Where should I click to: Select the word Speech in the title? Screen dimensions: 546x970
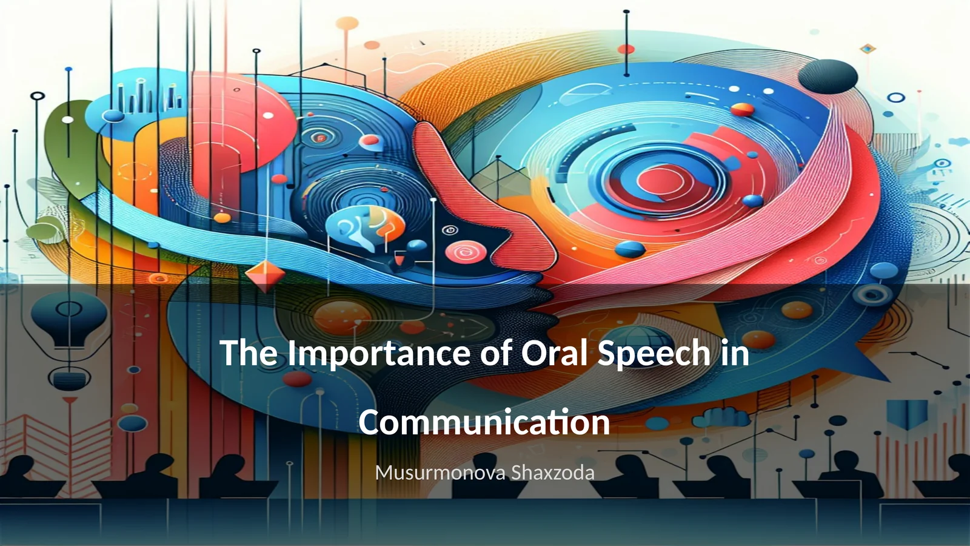[654, 354]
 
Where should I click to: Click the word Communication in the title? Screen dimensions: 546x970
[484, 422]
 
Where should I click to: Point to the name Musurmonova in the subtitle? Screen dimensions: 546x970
[440, 473]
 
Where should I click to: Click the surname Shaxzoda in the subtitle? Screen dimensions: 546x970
[552, 473]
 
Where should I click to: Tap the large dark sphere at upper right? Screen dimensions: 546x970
[828, 76]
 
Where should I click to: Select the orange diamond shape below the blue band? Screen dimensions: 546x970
[265, 276]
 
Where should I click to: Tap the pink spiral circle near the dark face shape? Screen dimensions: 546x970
[465, 251]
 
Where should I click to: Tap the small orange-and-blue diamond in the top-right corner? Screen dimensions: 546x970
[868, 49]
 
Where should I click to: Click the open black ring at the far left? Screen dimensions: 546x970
[38, 96]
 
